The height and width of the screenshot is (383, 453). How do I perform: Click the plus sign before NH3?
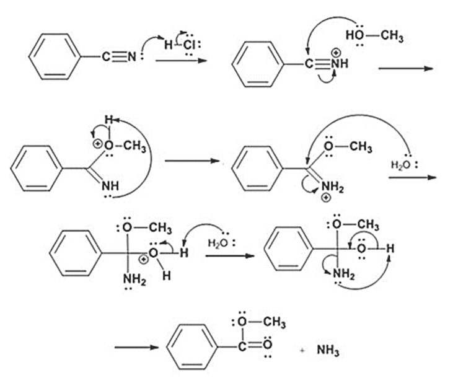[303, 351]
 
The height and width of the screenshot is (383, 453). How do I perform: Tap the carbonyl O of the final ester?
[267, 343]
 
